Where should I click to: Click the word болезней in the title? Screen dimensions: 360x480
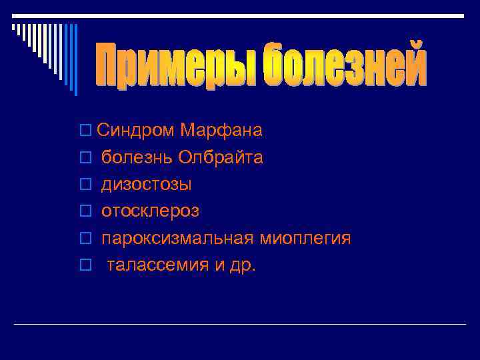point(344,65)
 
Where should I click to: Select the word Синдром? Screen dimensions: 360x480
point(136,131)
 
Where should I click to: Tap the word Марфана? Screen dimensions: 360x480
point(221,131)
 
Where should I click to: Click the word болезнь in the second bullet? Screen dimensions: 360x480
point(137,158)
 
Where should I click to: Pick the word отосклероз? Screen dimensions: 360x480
point(150,211)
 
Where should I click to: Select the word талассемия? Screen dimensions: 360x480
point(157,265)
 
